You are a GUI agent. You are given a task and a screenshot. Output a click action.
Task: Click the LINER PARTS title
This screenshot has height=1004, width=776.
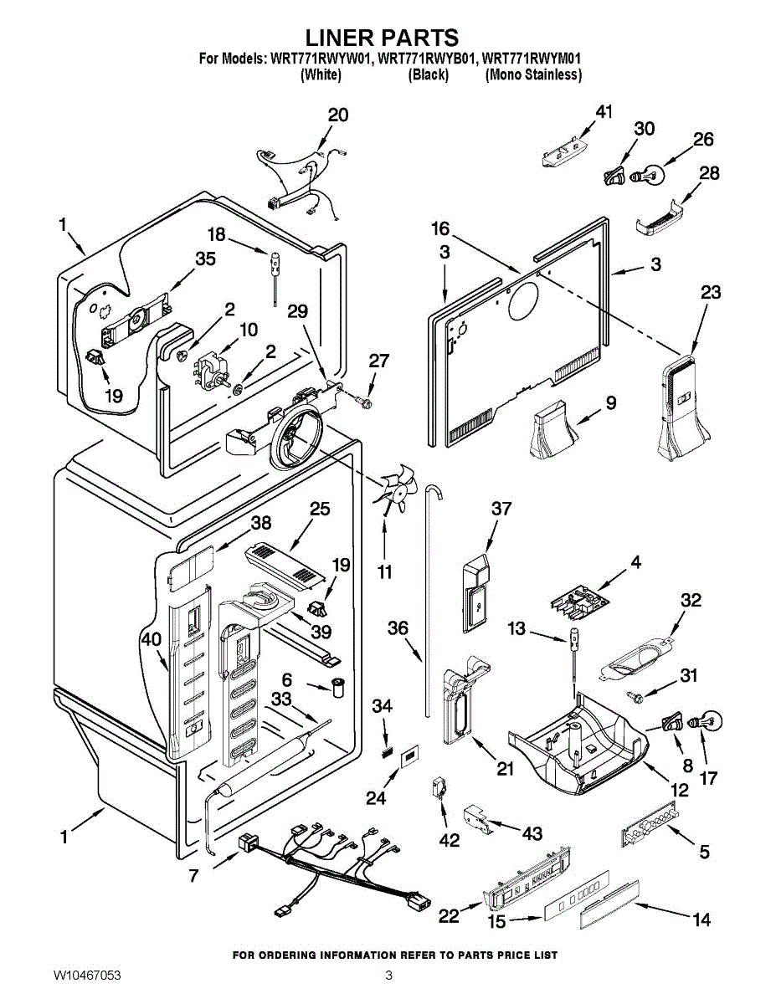(x=381, y=38)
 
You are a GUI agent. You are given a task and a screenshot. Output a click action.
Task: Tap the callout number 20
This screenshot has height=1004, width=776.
(x=337, y=115)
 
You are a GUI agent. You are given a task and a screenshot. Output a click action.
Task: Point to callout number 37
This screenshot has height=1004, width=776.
(x=501, y=509)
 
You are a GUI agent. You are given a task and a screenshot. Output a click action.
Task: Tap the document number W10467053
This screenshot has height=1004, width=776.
(x=87, y=976)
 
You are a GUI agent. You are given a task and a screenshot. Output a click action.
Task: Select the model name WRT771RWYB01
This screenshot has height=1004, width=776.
(x=428, y=59)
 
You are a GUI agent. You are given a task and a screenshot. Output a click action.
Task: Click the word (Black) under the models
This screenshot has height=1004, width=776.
(x=428, y=75)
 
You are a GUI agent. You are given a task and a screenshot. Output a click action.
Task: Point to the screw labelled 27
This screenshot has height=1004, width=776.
(x=365, y=402)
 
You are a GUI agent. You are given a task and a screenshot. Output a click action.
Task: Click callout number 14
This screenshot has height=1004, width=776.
(x=701, y=919)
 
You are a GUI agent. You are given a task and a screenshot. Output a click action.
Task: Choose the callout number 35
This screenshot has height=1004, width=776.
(x=205, y=259)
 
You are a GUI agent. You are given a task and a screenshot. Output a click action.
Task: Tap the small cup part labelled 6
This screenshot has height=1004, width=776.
(x=338, y=688)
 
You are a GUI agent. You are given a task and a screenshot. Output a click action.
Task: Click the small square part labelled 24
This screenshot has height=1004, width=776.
(x=409, y=757)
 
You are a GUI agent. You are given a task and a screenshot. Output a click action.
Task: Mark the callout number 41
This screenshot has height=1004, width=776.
(x=604, y=112)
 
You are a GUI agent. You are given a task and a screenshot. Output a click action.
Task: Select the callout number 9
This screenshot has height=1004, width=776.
(x=610, y=403)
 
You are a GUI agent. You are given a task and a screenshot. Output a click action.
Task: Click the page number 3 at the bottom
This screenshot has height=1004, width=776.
(x=388, y=976)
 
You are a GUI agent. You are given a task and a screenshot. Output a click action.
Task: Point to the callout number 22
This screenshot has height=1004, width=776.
(x=450, y=916)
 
